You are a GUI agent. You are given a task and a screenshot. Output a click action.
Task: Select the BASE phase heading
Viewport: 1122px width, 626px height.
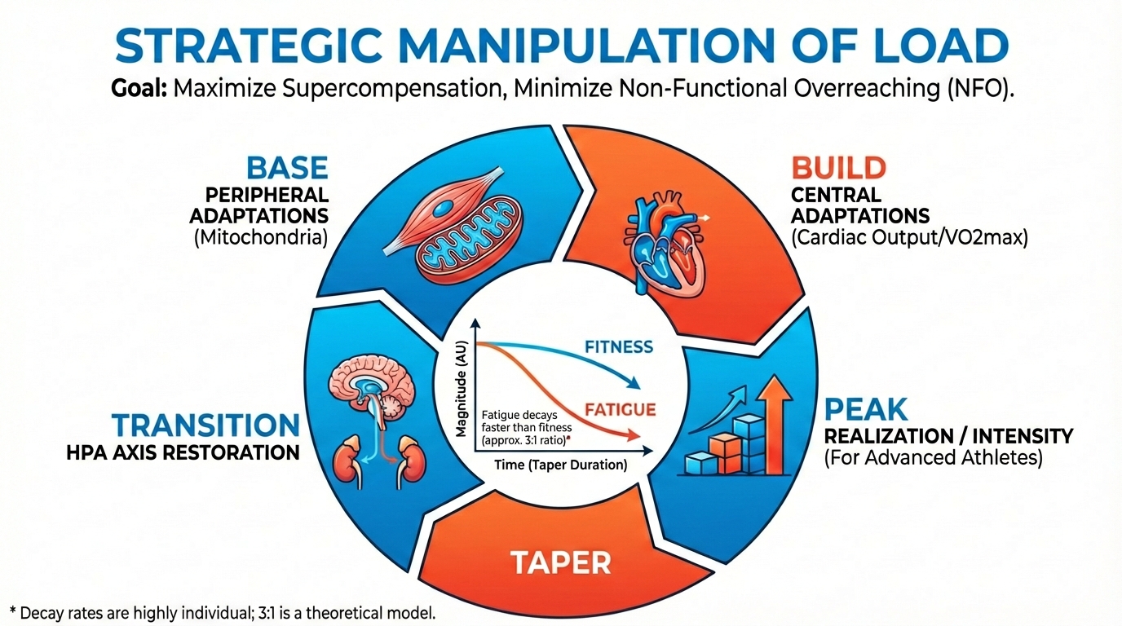pos(286,168)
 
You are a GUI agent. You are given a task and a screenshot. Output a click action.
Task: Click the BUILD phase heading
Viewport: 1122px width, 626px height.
pos(838,168)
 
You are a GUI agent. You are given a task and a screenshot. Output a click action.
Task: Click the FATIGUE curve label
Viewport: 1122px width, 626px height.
pos(620,408)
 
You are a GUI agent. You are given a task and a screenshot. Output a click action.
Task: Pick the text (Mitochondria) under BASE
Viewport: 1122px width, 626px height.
pos(258,237)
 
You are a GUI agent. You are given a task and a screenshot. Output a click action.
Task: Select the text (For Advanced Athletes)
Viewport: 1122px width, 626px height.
pos(933,457)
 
